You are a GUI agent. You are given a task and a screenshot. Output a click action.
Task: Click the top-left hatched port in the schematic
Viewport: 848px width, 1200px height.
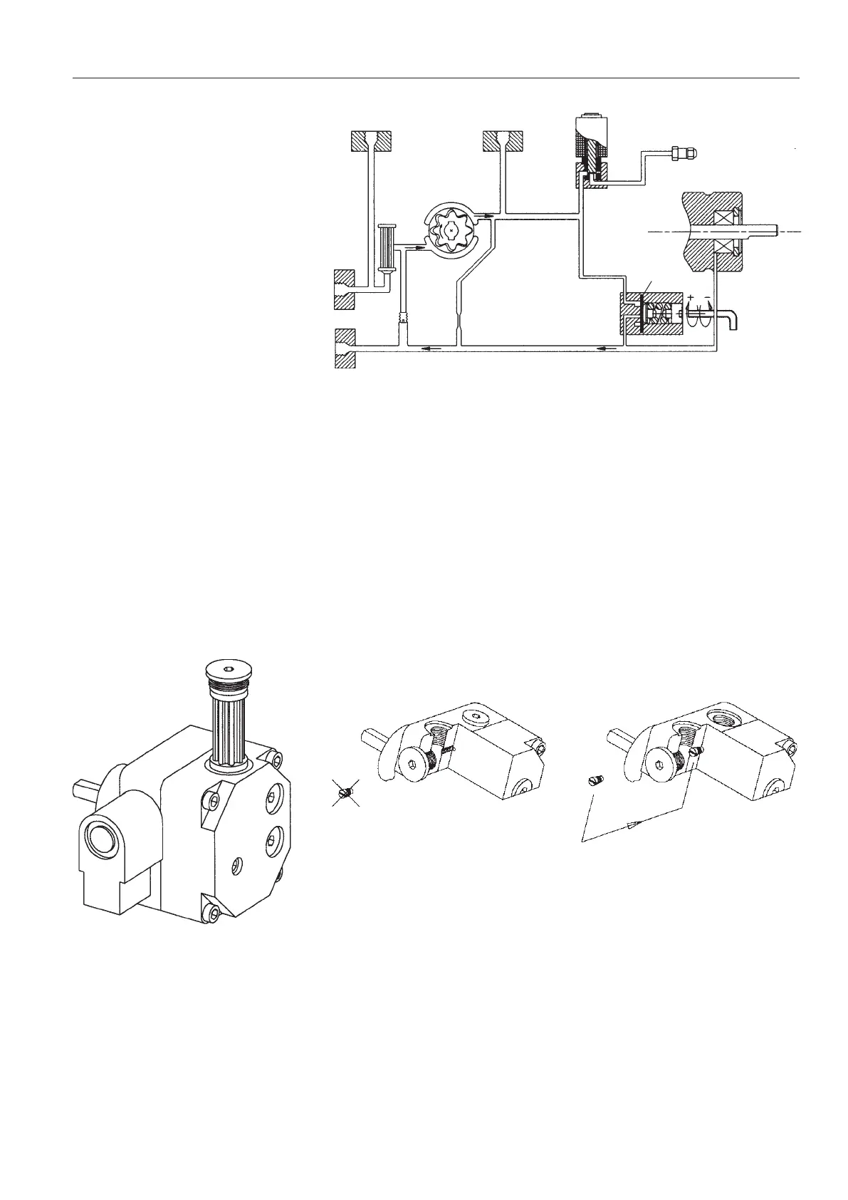click(370, 140)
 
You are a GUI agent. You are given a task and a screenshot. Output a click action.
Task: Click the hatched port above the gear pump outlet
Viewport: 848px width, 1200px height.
click(503, 140)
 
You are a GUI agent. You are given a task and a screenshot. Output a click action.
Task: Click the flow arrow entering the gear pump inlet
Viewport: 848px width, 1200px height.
click(412, 248)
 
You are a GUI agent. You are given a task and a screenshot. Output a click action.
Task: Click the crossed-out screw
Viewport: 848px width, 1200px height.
click(345, 793)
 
